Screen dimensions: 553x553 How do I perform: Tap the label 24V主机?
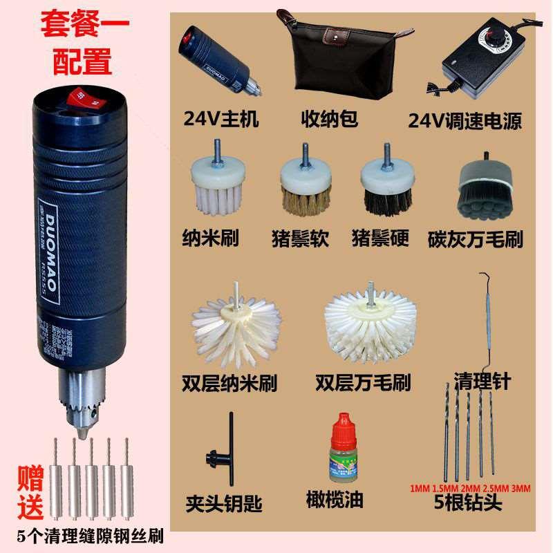tap(221, 119)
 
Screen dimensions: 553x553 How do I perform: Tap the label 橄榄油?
tap(334, 499)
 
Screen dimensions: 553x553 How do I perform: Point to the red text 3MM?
tap(519, 489)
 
